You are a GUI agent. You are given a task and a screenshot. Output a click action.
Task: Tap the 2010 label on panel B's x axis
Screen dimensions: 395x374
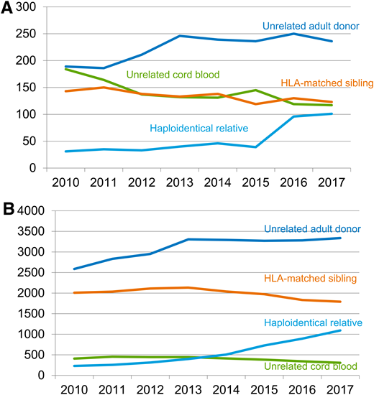click(x=63, y=389)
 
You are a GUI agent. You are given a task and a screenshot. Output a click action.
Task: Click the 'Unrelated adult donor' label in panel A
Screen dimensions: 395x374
click(x=310, y=26)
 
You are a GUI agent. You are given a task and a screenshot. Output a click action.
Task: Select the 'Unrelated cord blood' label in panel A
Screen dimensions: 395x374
click(x=173, y=74)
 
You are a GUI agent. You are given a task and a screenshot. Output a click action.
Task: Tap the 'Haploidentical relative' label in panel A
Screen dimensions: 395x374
click(x=199, y=129)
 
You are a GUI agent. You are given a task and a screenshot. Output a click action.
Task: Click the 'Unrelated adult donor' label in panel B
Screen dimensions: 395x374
click(x=311, y=229)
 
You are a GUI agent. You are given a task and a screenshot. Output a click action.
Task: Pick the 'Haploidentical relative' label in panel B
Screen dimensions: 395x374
click(x=312, y=322)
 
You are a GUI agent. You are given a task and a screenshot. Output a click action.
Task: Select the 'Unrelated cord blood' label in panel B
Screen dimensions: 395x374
click(x=311, y=366)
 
